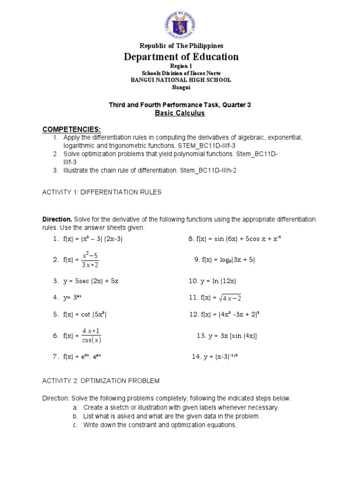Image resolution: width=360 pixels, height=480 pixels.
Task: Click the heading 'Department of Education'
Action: point(180,57)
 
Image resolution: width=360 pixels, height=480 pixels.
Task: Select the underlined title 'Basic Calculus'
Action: point(180,113)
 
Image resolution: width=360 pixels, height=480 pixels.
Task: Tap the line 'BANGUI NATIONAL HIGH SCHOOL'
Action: point(180,80)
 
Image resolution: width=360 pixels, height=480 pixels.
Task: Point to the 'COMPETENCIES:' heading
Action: point(72,129)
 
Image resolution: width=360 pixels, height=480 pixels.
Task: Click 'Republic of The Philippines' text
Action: point(180,45)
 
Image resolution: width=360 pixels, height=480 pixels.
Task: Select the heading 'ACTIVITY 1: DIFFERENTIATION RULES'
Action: point(102,192)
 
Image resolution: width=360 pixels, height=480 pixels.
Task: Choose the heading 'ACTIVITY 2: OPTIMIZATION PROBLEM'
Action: point(101,380)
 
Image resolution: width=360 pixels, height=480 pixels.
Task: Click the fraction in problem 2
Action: point(90,260)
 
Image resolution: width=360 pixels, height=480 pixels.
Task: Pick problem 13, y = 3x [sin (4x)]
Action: point(227,336)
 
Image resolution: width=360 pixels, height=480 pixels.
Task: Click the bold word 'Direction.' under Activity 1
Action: point(57,219)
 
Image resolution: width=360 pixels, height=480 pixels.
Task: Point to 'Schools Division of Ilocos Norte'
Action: point(180,74)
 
